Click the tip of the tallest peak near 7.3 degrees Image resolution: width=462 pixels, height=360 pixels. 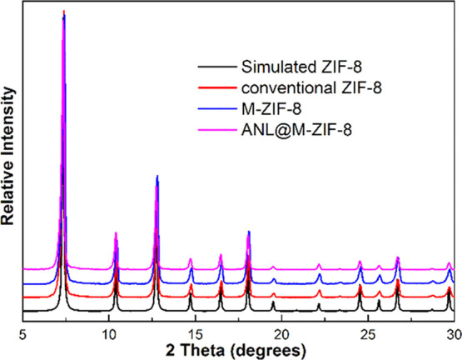[x=64, y=12]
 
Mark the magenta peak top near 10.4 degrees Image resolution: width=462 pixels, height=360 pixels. [x=116, y=233]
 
